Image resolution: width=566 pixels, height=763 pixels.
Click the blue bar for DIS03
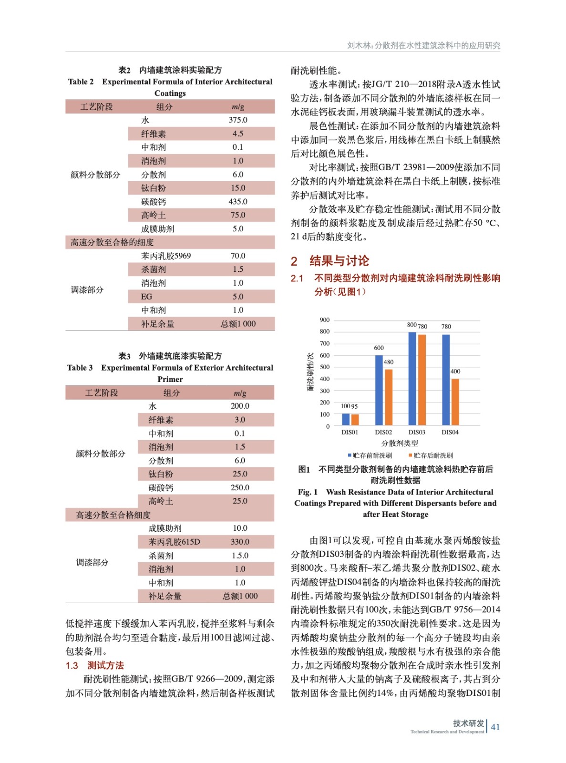pos(412,378)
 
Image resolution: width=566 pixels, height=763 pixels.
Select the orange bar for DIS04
pos(455,402)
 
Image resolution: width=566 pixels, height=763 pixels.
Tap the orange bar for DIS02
pos(389,397)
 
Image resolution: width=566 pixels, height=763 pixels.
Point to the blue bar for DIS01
pos(346,419)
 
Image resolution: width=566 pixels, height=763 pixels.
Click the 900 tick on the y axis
pos(325,320)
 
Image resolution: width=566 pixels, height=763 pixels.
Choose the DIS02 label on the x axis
pos(383,433)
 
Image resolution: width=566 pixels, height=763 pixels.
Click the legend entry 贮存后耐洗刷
pos(431,455)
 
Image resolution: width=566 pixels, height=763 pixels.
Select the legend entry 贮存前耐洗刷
pos(370,455)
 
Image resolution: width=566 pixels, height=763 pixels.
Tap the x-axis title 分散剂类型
pos(400,443)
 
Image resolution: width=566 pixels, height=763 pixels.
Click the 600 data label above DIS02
pos(379,348)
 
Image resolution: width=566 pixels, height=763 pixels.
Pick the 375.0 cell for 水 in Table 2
pos(238,120)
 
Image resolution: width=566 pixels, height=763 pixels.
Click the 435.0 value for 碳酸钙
pos(238,202)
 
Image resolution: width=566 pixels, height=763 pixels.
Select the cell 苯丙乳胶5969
pos(166,256)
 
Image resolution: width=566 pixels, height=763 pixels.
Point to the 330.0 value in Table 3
pos(240,542)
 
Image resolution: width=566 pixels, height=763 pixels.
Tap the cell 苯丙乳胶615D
pos(174,542)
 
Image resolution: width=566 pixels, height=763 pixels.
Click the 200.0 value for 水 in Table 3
pos(240,406)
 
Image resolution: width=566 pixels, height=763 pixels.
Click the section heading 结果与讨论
pos(339,261)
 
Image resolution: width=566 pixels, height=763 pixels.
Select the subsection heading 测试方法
pos(105,666)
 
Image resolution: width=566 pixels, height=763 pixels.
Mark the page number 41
pos(495,727)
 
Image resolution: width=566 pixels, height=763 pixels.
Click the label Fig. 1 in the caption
pos(308,492)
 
